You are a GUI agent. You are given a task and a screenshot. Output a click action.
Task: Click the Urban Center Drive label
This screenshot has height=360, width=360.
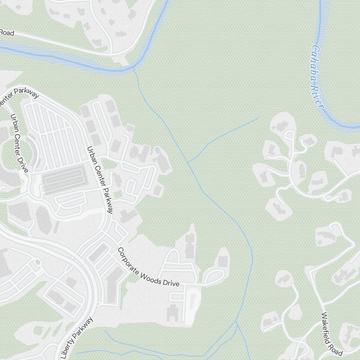19,143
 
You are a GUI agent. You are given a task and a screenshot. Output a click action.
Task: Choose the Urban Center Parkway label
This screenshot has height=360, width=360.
100,180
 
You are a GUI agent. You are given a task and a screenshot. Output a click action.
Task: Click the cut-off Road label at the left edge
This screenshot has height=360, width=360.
6,33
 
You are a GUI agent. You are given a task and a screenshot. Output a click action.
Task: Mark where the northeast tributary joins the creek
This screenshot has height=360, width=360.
188,162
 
